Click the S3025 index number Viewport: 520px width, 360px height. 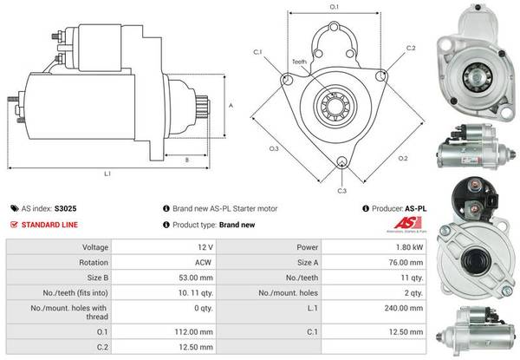(x=66, y=208)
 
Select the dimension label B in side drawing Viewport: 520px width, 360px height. (x=187, y=159)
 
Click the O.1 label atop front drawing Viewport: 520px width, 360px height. (x=335, y=8)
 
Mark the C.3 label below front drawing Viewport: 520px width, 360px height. (x=341, y=190)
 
